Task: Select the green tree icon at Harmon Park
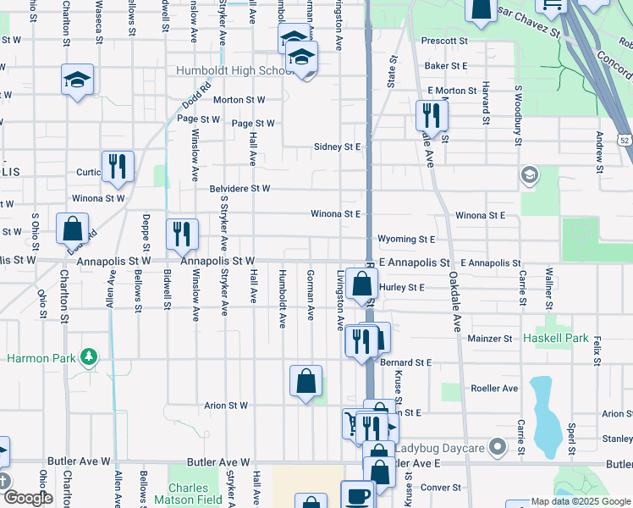point(88,356)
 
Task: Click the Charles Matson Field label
point(188,494)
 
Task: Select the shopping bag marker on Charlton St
point(73,228)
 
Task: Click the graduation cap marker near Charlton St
point(78,80)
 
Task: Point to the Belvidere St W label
point(239,189)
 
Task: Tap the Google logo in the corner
point(27,499)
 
